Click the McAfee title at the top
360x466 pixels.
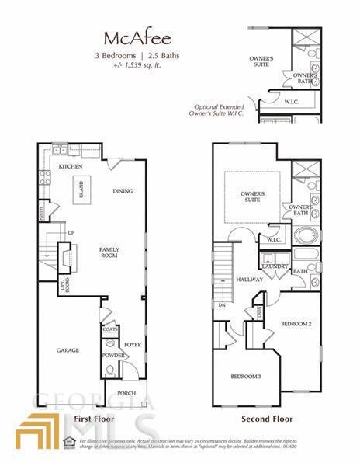coord(129,39)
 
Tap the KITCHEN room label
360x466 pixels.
coord(71,167)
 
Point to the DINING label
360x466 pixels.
coord(123,191)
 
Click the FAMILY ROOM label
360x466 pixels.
coord(109,252)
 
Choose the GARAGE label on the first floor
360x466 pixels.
coord(67,350)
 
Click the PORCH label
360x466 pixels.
coord(126,393)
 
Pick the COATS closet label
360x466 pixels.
coord(109,329)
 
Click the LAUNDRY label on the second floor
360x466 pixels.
coord(275,266)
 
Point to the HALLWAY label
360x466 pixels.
coord(251,280)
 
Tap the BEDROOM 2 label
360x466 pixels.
coord(295,323)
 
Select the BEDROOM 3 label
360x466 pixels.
coord(245,377)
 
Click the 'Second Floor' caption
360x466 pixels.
coord(266,419)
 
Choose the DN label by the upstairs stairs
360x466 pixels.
coord(223,305)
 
